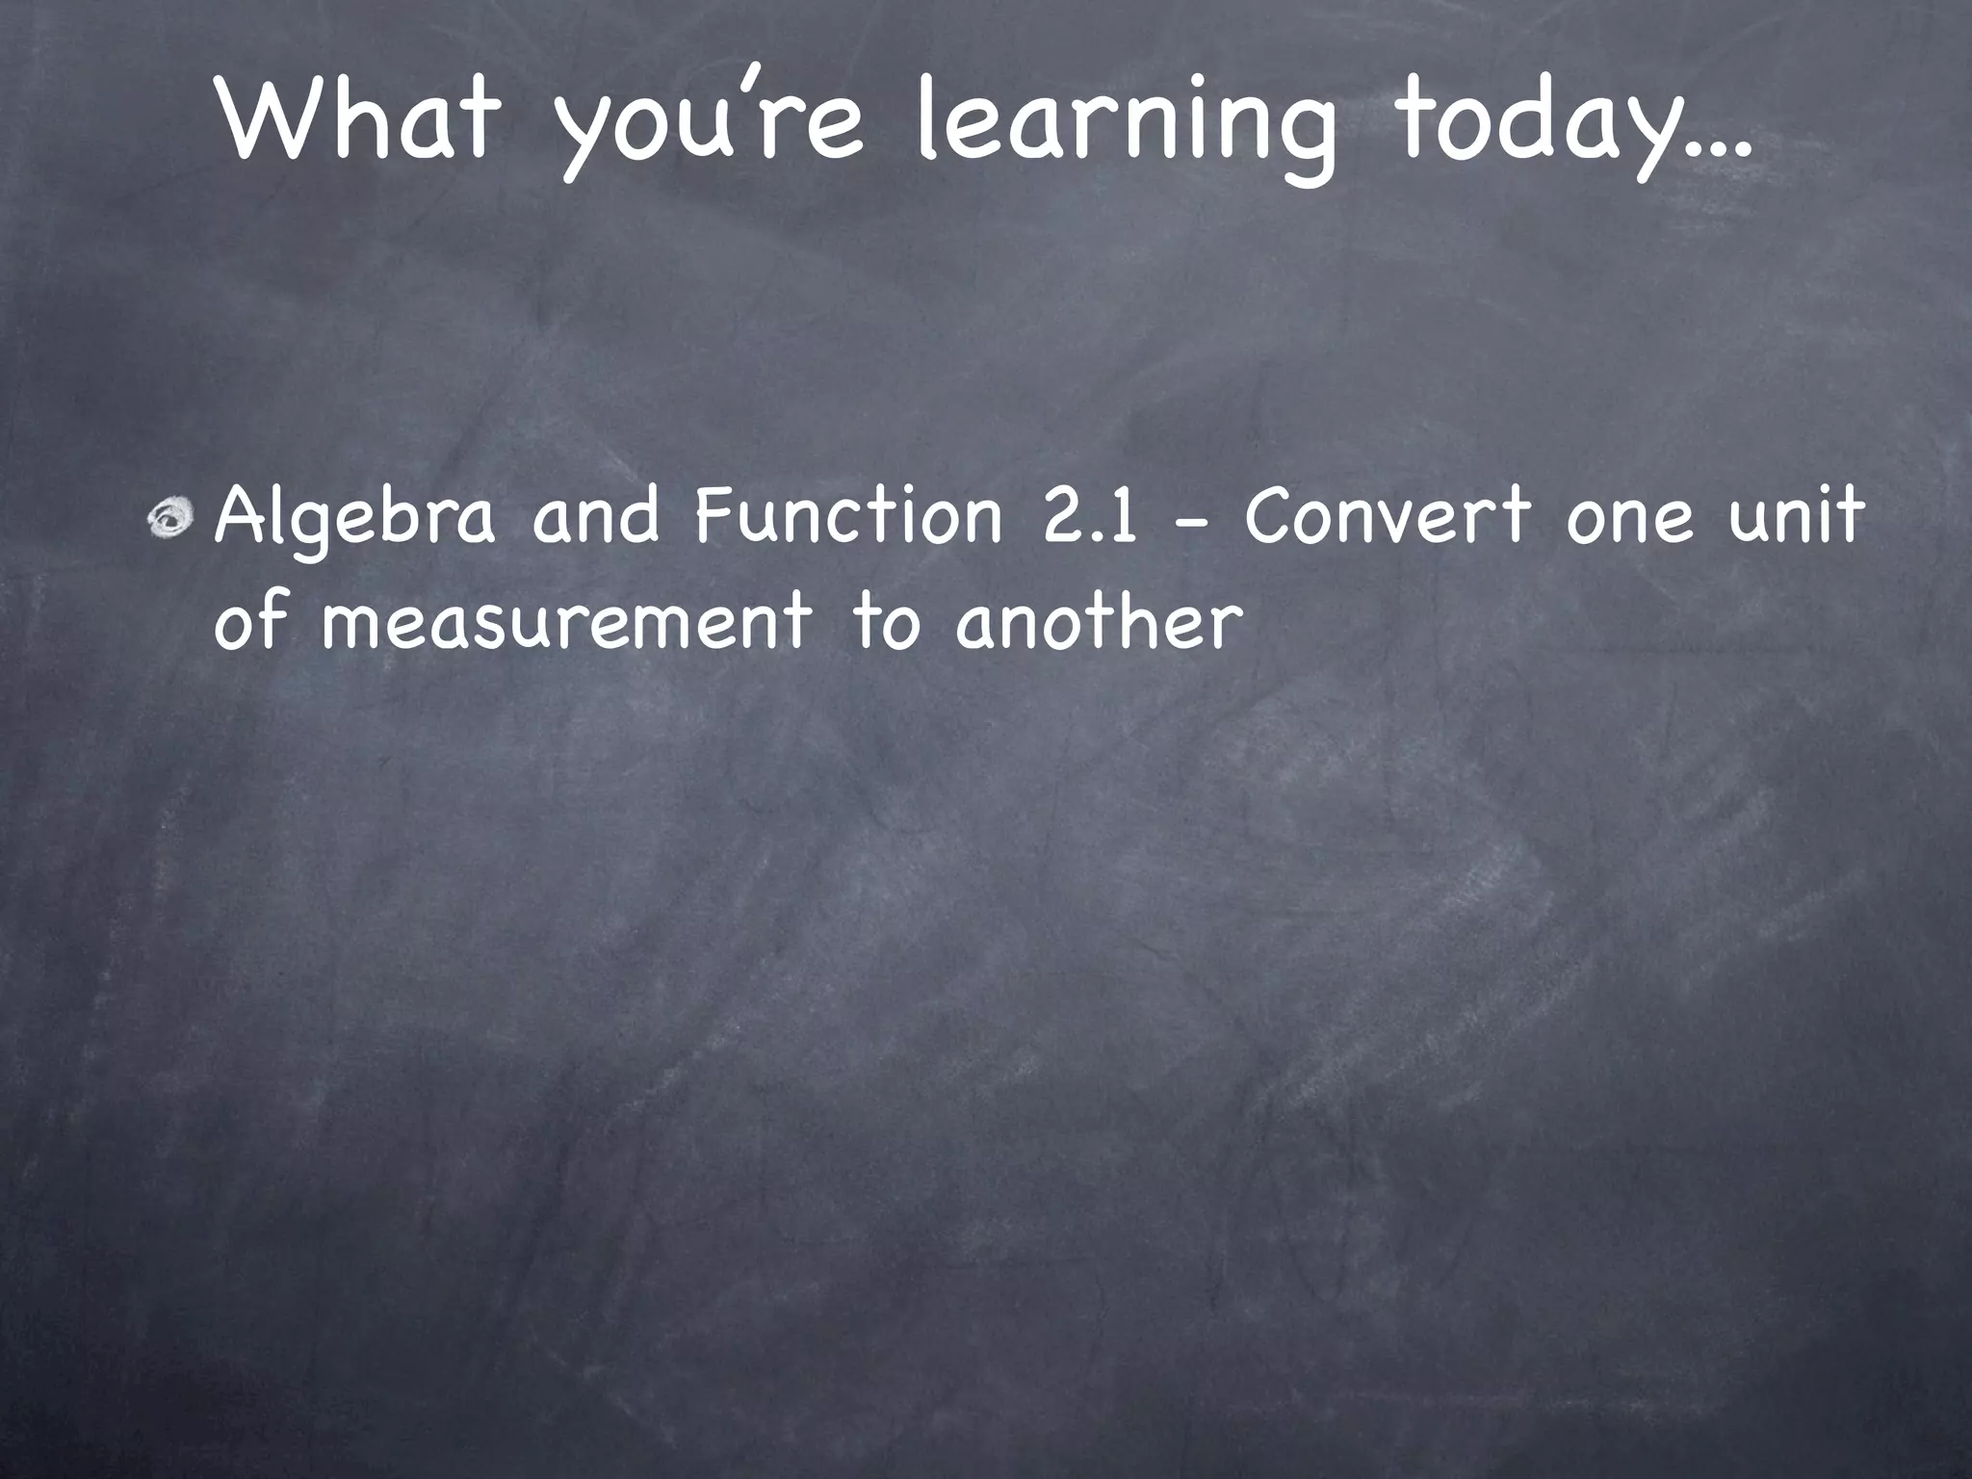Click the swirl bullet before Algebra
point(171,517)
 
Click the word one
point(1628,520)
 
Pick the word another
point(1094,621)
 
